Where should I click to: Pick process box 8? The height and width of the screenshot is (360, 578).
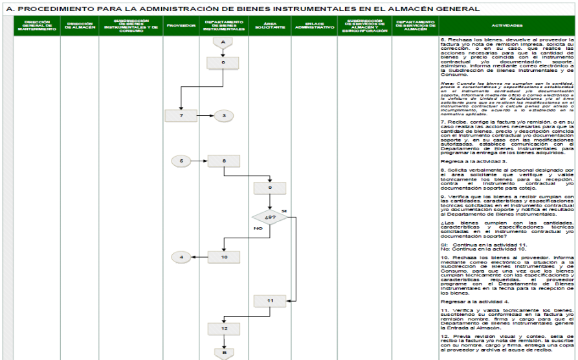(x=223, y=160)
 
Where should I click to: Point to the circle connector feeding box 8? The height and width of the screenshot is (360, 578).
(x=182, y=160)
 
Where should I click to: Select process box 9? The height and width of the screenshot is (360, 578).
(x=269, y=187)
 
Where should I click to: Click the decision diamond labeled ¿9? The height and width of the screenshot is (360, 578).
(x=269, y=218)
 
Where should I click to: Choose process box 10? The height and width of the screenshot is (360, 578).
(x=223, y=256)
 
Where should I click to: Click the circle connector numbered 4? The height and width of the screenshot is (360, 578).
(x=182, y=256)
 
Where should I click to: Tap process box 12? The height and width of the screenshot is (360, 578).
(x=223, y=328)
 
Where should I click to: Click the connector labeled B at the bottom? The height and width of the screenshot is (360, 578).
(x=223, y=352)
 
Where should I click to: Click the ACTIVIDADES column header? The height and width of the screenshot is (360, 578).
(x=507, y=26)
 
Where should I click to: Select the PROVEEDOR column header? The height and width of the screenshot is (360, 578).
(x=181, y=26)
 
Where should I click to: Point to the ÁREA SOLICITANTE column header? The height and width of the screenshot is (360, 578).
(x=269, y=27)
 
